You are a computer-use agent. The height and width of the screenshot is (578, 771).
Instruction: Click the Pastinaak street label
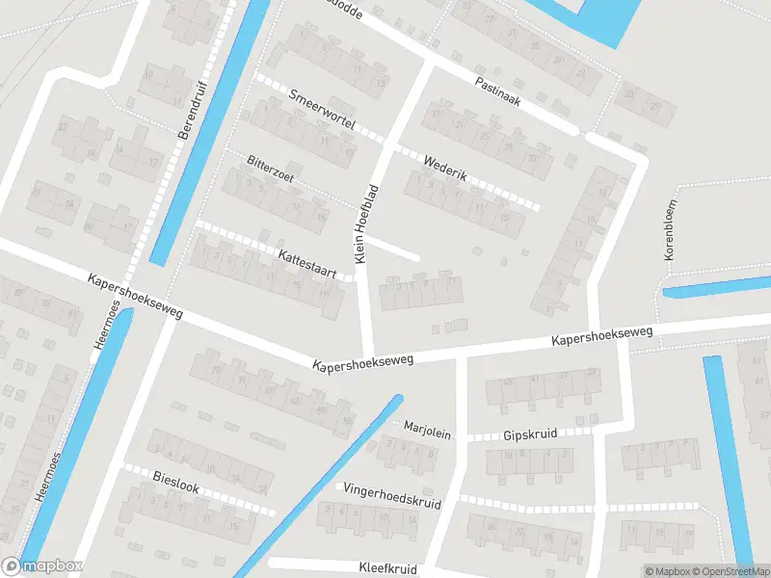pos(497,92)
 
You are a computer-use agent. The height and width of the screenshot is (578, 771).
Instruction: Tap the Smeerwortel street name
pos(323,110)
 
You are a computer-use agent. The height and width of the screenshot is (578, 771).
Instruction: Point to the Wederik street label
pos(444,163)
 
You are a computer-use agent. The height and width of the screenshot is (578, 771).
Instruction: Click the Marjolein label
pos(427,431)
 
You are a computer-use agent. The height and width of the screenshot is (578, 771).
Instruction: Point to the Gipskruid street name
pos(530,435)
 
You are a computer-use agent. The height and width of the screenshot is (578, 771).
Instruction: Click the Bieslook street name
pos(176,482)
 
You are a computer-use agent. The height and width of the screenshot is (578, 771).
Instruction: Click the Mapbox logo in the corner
pos(42,566)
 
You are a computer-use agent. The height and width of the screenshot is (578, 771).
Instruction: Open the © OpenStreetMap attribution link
pos(729,570)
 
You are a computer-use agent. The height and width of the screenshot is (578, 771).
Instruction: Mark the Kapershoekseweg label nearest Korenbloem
pos(602,337)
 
